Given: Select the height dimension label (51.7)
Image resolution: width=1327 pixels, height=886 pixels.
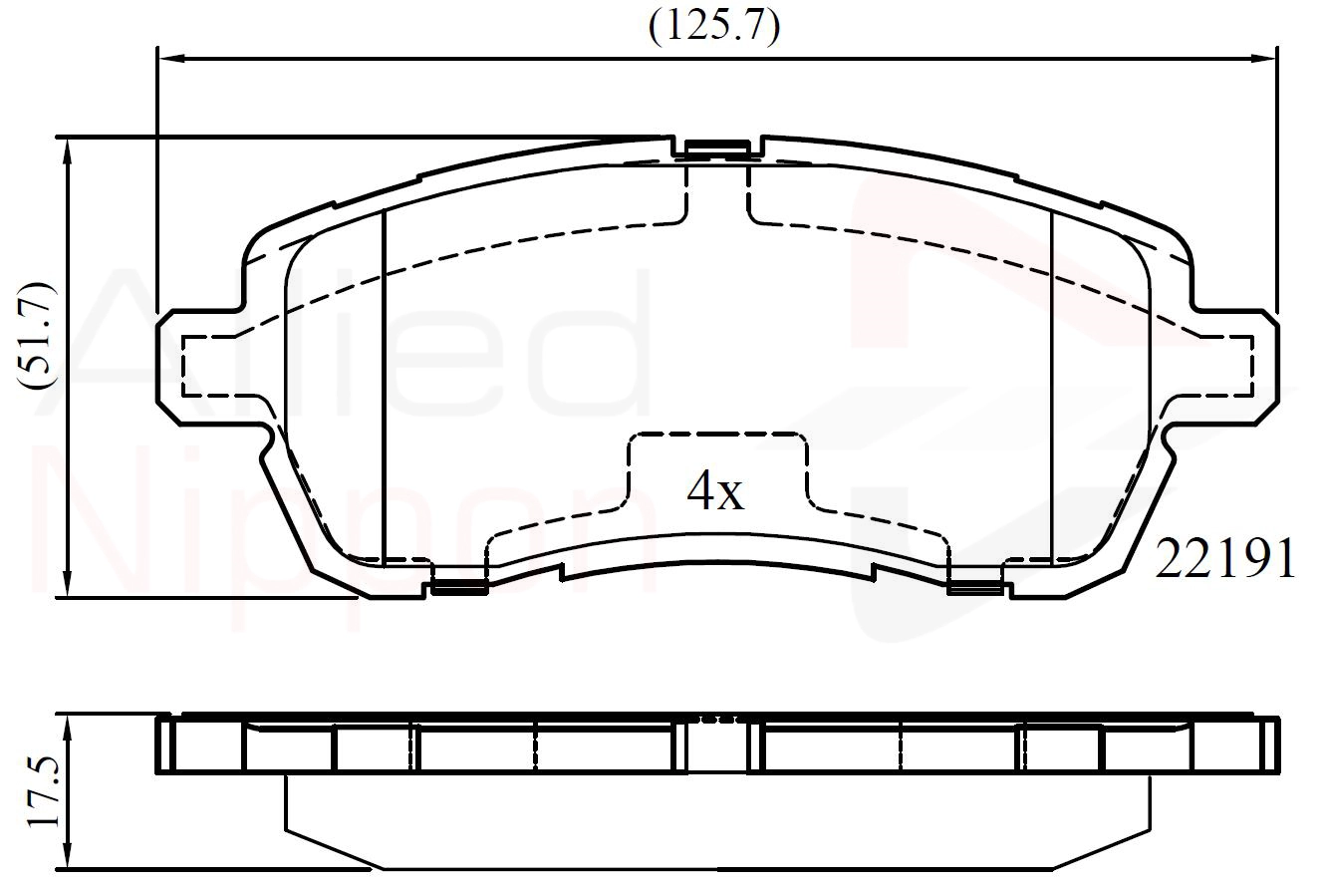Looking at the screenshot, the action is (x=37, y=337).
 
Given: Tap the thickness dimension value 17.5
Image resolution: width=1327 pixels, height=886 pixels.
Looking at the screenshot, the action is (x=44, y=792).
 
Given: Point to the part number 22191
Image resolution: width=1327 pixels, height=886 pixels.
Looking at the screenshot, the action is (x=1225, y=559).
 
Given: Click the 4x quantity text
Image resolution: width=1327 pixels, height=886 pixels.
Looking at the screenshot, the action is (x=714, y=490).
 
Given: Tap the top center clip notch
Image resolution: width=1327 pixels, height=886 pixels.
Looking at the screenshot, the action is (x=717, y=148).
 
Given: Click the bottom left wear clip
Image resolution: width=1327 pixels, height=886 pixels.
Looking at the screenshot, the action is (x=459, y=586).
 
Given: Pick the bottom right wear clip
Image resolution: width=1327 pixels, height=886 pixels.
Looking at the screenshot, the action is (x=975, y=586).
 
